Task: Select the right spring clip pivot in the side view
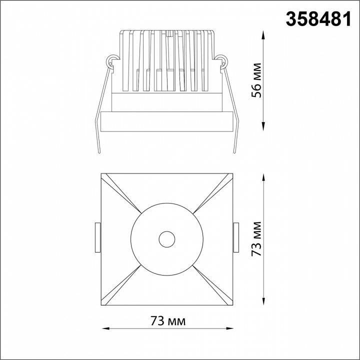click(222, 62)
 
